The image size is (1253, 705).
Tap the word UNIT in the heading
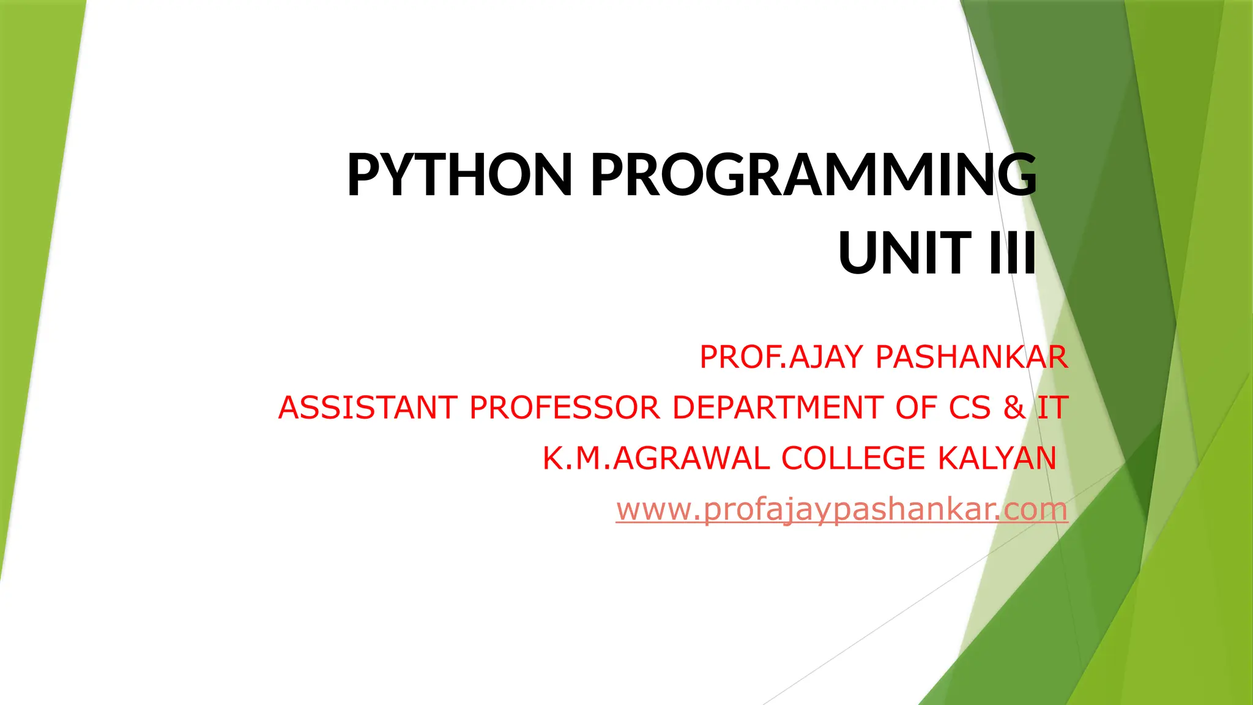[x=905, y=253]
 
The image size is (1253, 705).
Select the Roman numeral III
[x=1013, y=253]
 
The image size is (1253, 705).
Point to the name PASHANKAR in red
[x=972, y=357]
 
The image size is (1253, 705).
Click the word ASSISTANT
[x=368, y=408]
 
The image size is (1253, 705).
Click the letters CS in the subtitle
[x=969, y=408]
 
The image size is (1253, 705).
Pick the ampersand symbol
[x=1014, y=408]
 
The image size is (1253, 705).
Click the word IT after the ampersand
[x=1052, y=408]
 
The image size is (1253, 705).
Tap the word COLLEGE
[x=853, y=458]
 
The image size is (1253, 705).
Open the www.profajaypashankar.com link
[x=842, y=509]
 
